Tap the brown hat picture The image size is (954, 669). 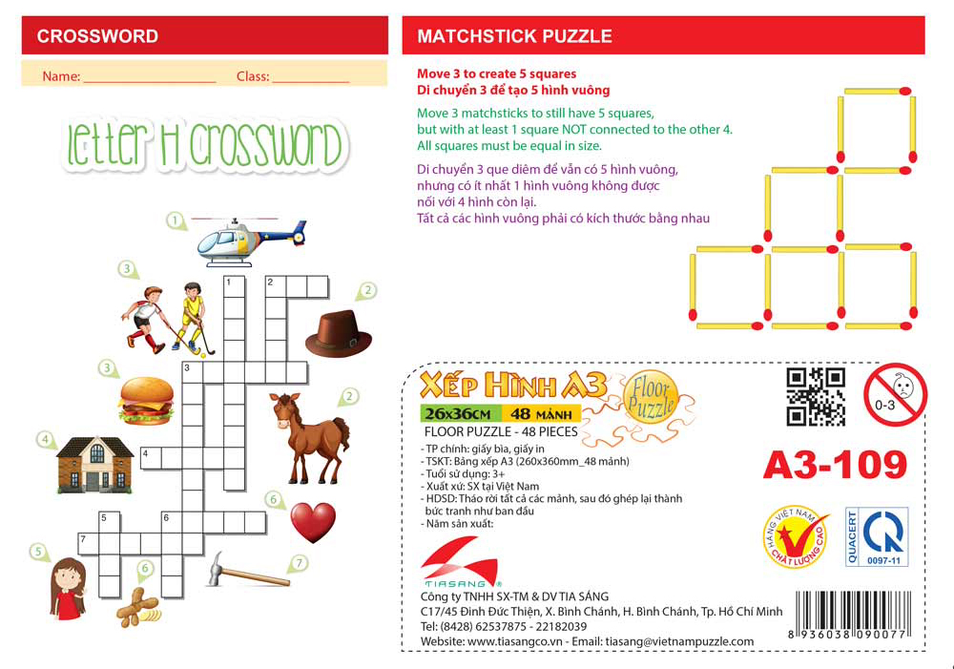338,332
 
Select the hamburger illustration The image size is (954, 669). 146,400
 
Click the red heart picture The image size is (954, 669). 313,522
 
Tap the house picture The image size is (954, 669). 94,463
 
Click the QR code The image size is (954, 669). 816,396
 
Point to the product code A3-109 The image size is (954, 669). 834,464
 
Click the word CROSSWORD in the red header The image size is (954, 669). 97,37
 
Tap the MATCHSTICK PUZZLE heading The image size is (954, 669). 514,37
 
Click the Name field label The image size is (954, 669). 60,76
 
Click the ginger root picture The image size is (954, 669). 136,605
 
